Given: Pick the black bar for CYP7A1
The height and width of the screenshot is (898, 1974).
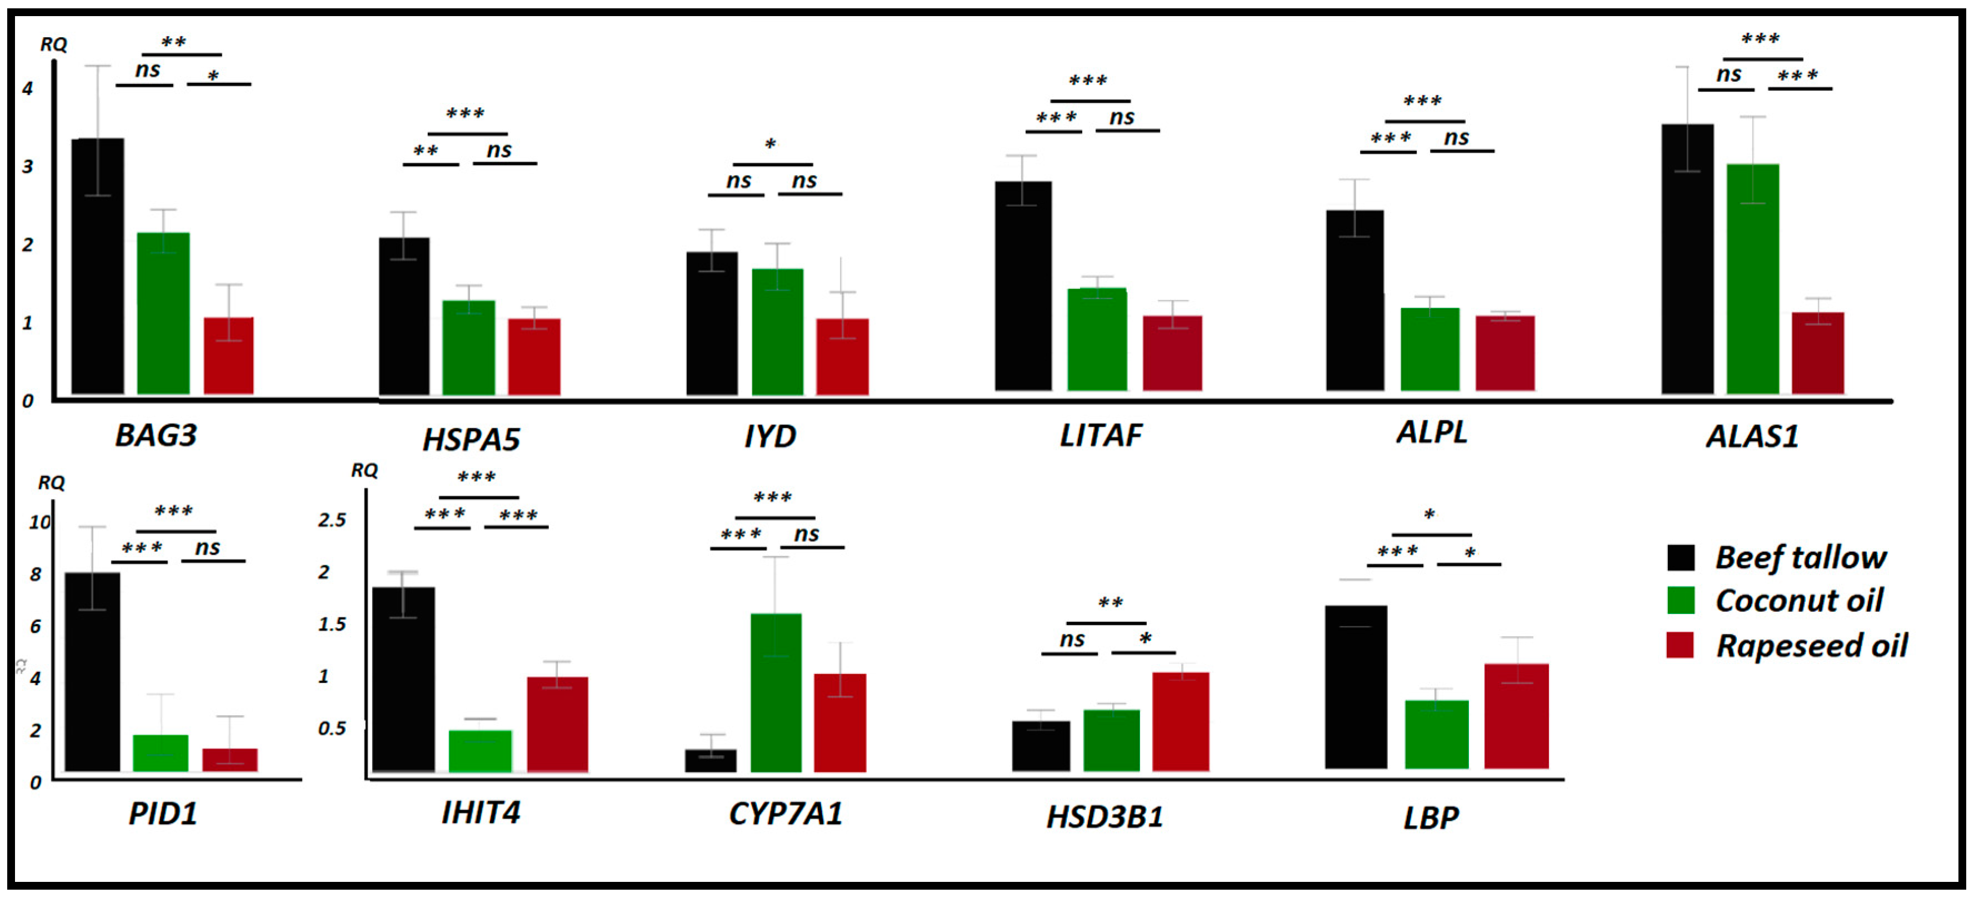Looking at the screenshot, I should [711, 760].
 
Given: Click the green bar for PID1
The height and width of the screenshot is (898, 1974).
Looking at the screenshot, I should [160, 752].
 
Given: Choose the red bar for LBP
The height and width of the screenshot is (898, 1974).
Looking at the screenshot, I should [1516, 716].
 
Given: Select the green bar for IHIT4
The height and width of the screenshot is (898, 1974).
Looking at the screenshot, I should [479, 751].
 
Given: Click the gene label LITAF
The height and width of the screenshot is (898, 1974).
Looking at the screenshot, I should [1101, 435].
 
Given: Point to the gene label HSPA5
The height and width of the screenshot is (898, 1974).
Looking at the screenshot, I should [471, 439].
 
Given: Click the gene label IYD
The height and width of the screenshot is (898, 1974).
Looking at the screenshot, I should [769, 436].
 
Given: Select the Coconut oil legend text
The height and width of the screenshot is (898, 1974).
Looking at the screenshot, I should [1798, 600].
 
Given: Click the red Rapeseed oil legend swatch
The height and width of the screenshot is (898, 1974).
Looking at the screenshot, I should [1680, 645].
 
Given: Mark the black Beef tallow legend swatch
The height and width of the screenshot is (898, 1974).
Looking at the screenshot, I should [1680, 557].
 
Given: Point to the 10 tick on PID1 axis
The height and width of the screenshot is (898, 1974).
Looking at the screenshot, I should [39, 522].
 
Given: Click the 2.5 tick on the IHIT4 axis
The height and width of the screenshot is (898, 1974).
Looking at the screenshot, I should [332, 520].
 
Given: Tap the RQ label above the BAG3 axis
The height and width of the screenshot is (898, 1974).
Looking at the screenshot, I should [54, 44].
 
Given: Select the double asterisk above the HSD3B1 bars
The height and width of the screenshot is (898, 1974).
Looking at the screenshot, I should [1111, 603].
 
